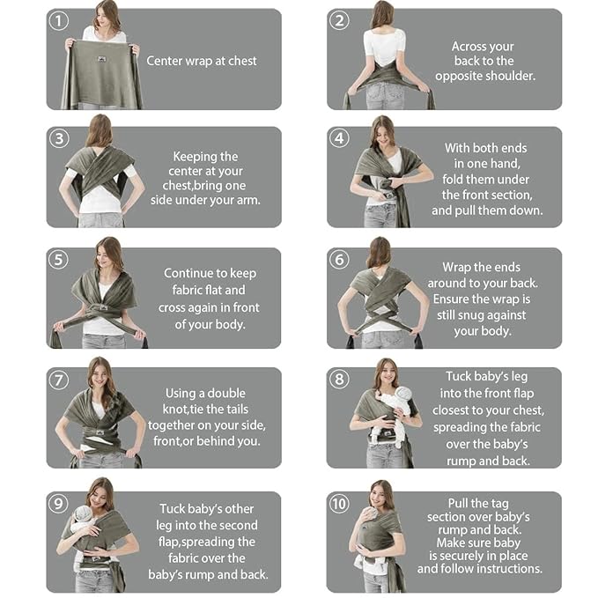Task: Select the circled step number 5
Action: pos(58,260)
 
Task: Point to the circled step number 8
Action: pos(339,380)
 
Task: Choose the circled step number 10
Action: pos(340,504)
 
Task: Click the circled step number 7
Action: pos(58,380)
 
